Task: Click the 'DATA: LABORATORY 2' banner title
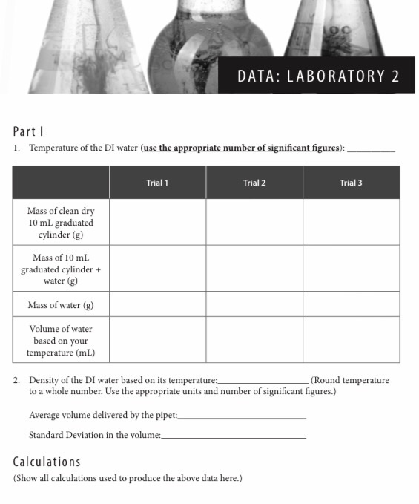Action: tap(318, 76)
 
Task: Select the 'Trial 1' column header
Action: tap(157, 183)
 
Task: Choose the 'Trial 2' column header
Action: tap(254, 183)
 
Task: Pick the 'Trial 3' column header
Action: tap(351, 183)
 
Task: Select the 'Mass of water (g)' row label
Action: tap(61, 305)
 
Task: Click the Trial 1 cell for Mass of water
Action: tap(157, 305)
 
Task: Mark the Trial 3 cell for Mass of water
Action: tap(351, 305)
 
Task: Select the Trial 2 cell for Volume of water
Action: tap(254, 341)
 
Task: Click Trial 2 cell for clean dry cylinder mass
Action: tap(254, 222)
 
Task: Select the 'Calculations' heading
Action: tap(47, 462)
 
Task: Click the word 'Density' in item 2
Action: tap(44, 380)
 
